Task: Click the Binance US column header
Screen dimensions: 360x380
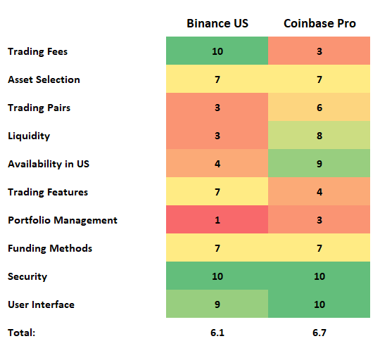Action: pos(217,23)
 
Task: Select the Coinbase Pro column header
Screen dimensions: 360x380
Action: pos(319,23)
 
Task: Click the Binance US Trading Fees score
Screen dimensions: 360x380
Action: pos(217,51)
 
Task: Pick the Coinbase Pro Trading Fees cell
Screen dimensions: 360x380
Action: pos(319,51)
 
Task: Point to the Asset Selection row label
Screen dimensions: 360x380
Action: pos(44,79)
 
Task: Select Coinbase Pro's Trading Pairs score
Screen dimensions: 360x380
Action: pos(319,108)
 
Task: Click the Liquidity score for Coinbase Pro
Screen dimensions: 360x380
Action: pos(319,136)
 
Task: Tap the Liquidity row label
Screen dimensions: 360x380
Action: pos(29,136)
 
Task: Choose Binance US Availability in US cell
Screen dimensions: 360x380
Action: pos(217,164)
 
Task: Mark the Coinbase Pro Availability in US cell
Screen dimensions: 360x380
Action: pos(319,164)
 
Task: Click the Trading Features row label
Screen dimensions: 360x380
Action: pos(48,192)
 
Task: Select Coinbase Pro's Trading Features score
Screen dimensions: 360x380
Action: pos(319,192)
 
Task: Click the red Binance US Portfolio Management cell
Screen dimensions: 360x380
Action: pos(217,220)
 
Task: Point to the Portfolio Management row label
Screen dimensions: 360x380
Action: pos(62,220)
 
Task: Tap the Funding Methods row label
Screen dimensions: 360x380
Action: pos(50,248)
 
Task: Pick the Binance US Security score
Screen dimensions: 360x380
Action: pos(217,276)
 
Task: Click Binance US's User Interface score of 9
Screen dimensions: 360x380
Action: pos(217,304)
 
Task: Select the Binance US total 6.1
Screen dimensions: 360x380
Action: pos(217,333)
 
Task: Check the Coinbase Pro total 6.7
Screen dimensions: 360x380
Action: pos(319,333)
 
